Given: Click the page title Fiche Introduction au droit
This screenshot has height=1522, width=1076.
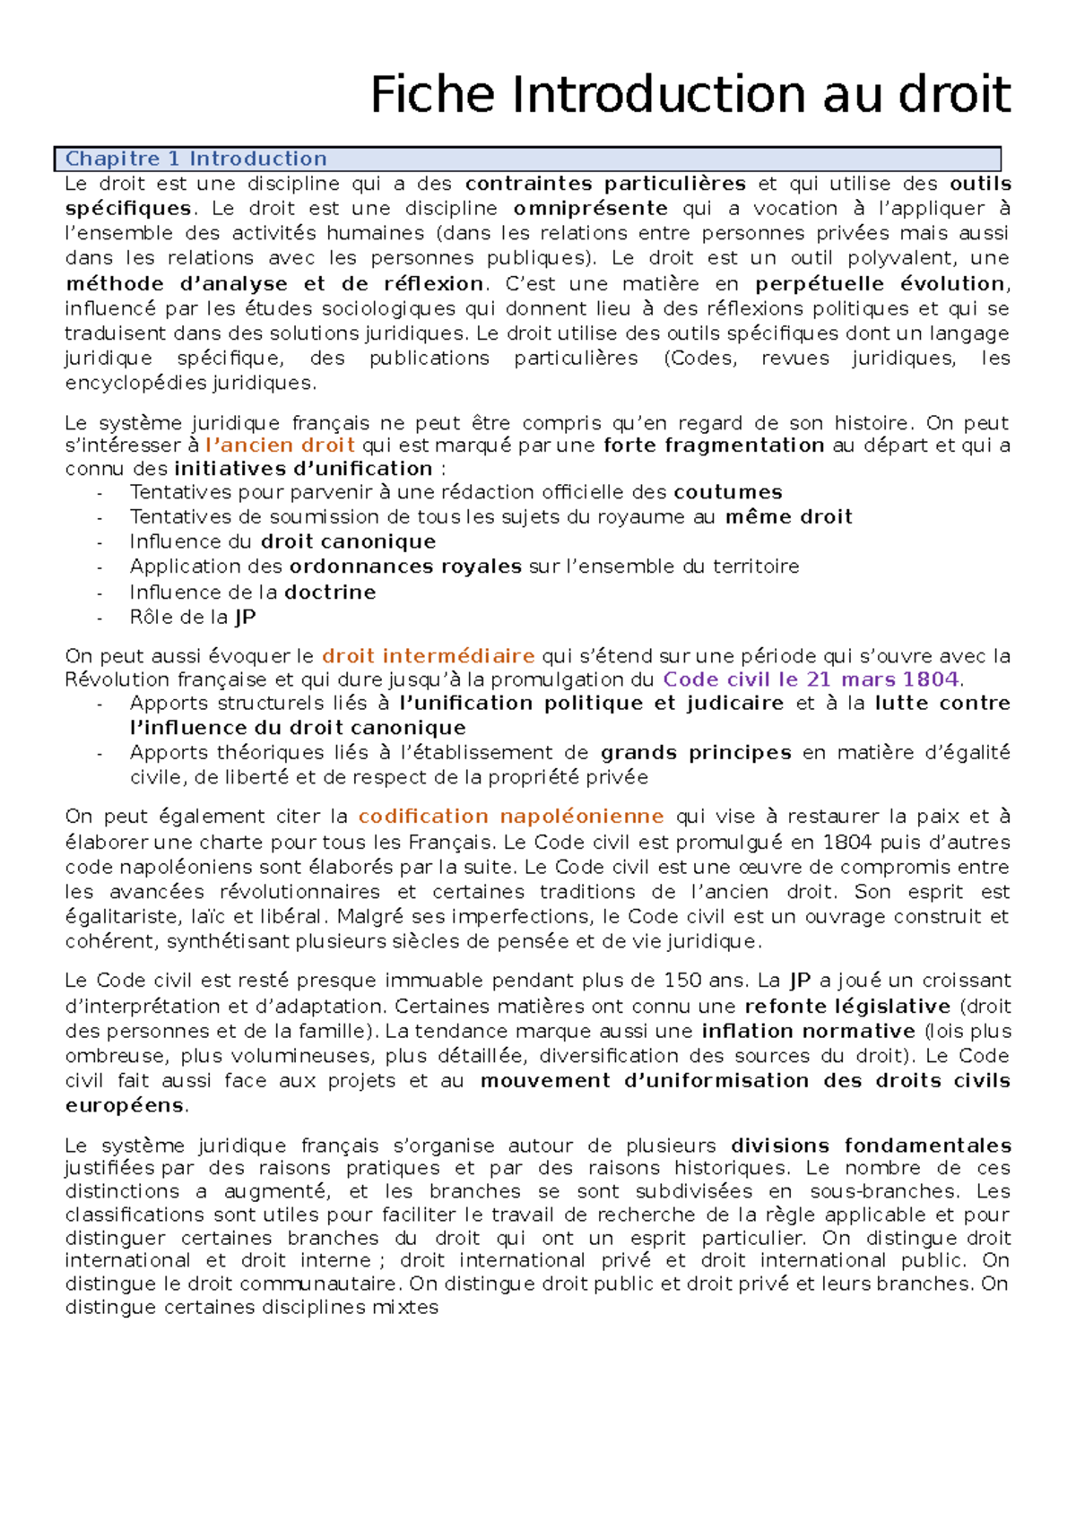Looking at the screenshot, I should (690, 95).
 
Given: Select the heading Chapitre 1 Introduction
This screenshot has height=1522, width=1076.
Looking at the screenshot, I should (195, 159).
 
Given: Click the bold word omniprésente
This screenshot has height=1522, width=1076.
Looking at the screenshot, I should (590, 209).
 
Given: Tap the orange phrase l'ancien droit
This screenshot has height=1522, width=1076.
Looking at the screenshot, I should (280, 445).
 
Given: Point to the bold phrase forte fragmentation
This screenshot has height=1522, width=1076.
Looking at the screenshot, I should (714, 445).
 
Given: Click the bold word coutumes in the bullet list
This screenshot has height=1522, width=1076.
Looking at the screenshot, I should (727, 492).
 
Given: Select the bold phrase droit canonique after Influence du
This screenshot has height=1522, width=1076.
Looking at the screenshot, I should (348, 541).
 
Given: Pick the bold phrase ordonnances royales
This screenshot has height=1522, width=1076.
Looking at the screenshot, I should (405, 566).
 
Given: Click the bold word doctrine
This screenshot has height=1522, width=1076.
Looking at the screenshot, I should (329, 592).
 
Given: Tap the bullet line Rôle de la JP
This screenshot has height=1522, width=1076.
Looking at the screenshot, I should (193, 618).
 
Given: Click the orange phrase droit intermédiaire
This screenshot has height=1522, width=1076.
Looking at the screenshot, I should (428, 656).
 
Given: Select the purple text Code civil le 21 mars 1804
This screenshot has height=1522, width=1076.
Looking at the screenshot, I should (811, 679).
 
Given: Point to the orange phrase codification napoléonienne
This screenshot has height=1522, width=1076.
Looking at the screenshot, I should (510, 817).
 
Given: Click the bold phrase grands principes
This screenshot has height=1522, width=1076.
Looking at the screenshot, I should (696, 753).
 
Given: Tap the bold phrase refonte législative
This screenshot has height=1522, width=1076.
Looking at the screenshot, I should (847, 1007).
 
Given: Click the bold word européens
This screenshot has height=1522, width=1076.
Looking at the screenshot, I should (124, 1105).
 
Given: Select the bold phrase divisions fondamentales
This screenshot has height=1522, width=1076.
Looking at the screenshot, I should (871, 1146).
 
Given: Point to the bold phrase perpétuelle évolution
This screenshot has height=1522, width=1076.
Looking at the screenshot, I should (880, 284).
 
